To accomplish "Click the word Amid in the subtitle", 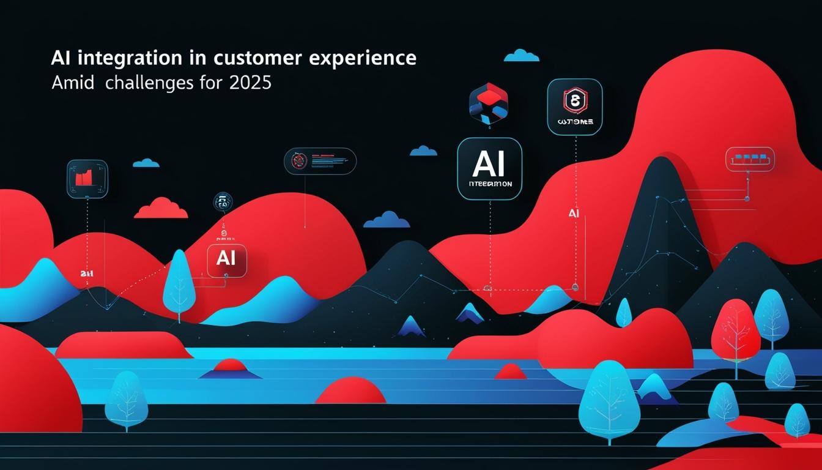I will tap(73, 83).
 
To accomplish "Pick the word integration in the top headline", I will tap(135, 59).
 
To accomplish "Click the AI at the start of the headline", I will tap(59, 59).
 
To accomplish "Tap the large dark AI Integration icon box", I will tap(489, 168).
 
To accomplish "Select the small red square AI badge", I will tap(227, 259).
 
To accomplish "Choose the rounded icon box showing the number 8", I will tap(575, 106).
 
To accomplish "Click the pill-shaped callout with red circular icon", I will tap(320, 161).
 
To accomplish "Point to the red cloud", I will tap(161, 209).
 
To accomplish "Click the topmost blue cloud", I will tap(521, 56).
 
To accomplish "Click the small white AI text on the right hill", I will tap(573, 214).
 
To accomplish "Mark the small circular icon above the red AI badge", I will tap(222, 203).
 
